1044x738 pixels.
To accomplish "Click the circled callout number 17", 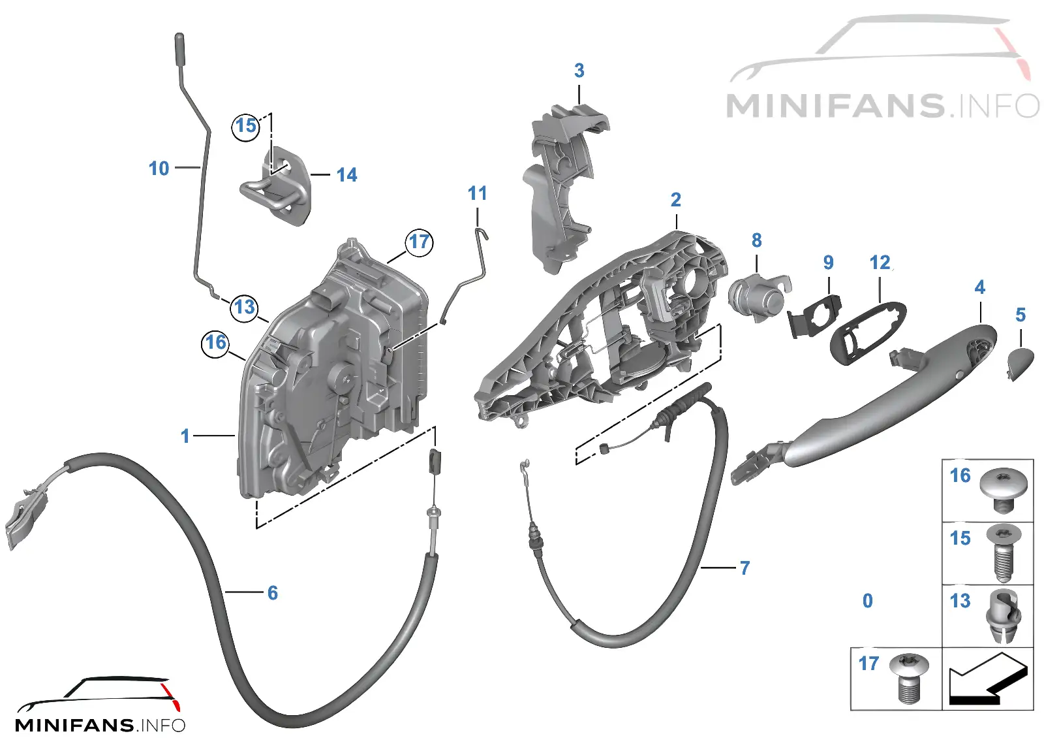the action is coord(419,242).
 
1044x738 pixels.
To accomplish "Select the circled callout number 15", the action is coord(246,126).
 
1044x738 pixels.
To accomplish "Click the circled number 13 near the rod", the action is coord(245,308).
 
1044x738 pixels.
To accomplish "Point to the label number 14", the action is coord(346,176).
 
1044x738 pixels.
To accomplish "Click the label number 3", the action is coord(579,71).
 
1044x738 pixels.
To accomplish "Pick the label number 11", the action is coord(477,193).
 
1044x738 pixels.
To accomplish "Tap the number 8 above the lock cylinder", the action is coord(756,240).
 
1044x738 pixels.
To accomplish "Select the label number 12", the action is coord(880,263).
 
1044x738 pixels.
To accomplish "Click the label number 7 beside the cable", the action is coord(745,568).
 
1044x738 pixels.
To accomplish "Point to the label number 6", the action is coord(273,593).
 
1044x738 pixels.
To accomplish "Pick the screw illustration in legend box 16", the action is coord(1004,490).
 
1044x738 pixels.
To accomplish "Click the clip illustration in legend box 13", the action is coord(1004,615).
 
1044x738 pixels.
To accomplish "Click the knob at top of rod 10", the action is coord(179,48).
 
